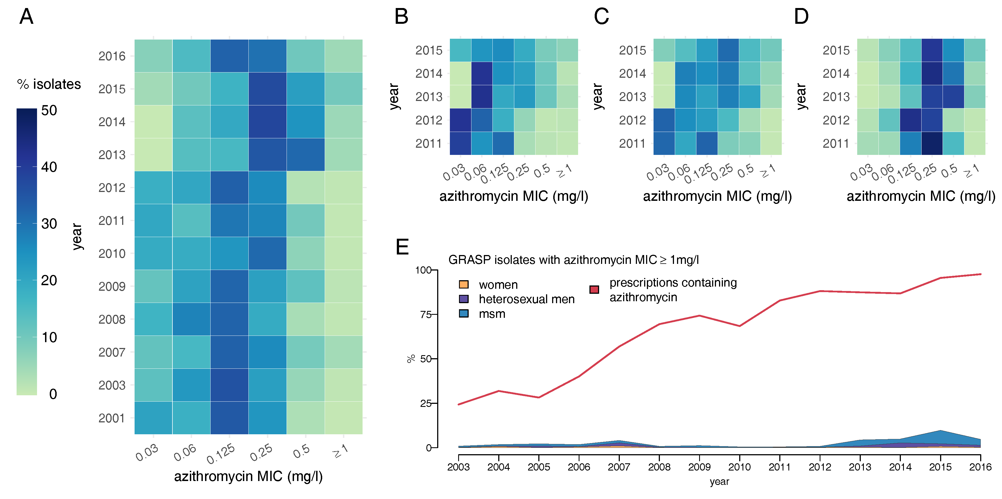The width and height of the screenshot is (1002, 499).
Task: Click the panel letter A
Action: (27, 17)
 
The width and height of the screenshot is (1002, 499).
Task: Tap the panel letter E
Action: (402, 247)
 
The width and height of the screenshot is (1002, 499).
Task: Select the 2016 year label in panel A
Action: (112, 56)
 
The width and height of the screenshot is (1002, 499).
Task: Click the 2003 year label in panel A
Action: (112, 385)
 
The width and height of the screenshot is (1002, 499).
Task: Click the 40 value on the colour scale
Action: (49, 167)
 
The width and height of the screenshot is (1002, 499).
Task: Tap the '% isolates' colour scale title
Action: (49, 84)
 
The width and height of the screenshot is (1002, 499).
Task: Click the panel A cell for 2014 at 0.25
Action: (267, 122)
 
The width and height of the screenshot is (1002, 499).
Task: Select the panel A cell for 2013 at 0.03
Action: (153, 155)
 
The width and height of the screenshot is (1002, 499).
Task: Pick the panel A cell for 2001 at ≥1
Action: (343, 418)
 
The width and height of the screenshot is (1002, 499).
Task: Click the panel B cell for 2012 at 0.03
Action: (460, 120)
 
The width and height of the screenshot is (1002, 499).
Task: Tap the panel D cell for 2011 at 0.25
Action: (932, 143)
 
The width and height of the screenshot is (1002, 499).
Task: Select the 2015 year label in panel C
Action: (633, 50)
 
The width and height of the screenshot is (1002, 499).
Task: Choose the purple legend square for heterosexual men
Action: (464, 299)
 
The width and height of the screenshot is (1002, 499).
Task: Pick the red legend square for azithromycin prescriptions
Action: (594, 290)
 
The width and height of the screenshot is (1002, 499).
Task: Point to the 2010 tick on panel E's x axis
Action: (739, 467)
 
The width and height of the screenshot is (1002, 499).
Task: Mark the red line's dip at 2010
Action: (739, 326)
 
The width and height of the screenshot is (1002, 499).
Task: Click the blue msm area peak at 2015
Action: (940, 432)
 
